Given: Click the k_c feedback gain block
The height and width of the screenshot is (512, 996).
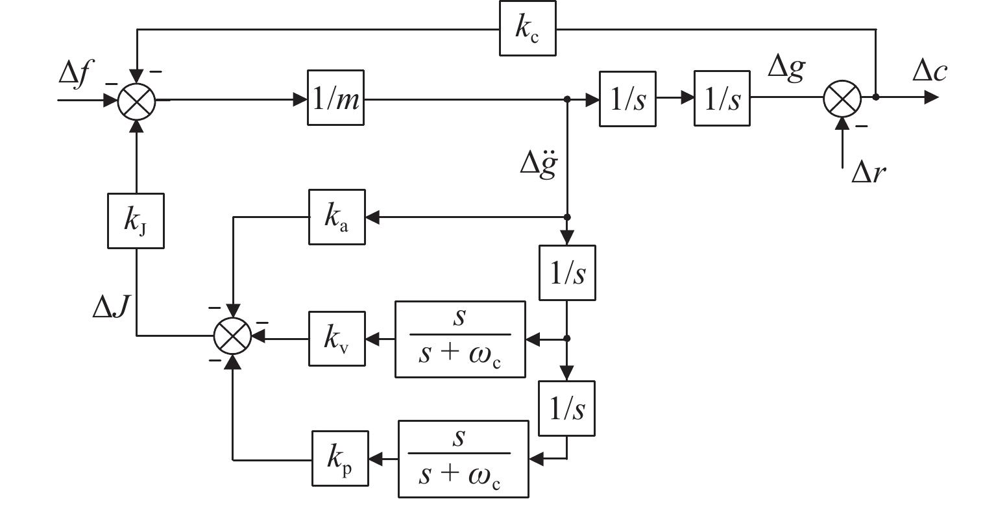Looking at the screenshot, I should (x=528, y=30).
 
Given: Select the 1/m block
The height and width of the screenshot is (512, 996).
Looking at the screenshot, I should (x=335, y=100).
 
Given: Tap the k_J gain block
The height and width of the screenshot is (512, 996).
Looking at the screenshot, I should (x=135, y=220).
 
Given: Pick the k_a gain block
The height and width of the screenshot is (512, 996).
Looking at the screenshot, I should (x=337, y=217).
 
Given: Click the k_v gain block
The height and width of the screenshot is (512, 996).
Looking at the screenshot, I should (x=337, y=339).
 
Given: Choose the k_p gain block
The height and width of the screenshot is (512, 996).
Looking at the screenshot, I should (x=339, y=459).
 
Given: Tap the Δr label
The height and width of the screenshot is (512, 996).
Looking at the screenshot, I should (x=868, y=173).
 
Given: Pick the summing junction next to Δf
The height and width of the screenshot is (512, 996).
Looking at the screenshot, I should (x=136, y=101).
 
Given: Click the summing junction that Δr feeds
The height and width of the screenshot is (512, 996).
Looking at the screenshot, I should (x=842, y=99).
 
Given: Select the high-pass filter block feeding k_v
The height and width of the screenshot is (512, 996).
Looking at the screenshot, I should (x=460, y=339).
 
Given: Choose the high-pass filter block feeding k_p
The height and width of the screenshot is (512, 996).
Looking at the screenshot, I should (x=463, y=459).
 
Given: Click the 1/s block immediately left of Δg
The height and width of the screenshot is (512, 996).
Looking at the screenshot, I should (x=722, y=99).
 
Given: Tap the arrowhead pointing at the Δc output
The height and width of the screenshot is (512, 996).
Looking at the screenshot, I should (x=931, y=98).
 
